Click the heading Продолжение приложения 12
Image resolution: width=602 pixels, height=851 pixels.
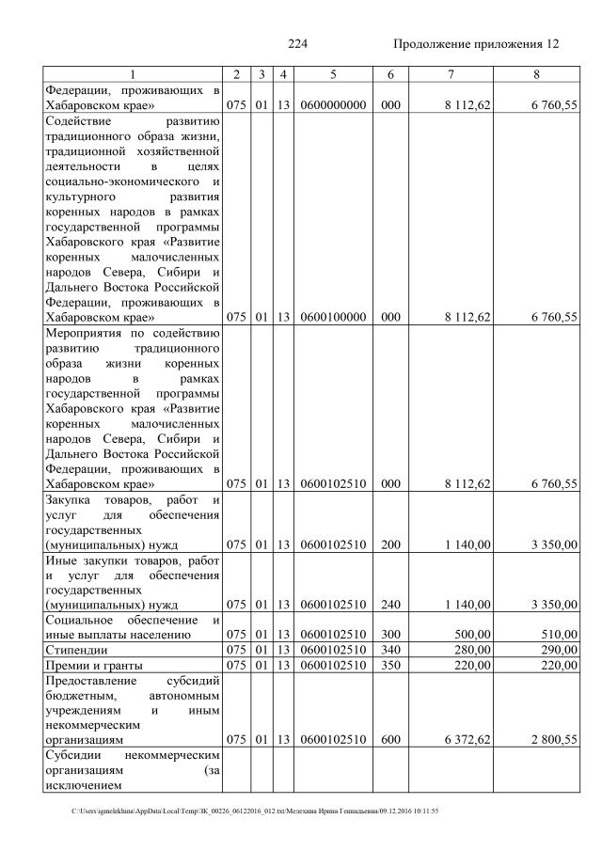(475, 44)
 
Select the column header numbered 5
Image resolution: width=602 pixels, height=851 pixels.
(333, 74)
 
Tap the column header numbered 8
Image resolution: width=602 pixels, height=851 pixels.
(536, 74)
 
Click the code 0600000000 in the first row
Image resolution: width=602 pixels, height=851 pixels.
(333, 106)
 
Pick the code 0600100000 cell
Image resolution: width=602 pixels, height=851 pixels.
(333, 317)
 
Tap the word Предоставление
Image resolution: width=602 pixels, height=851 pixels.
(92, 680)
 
